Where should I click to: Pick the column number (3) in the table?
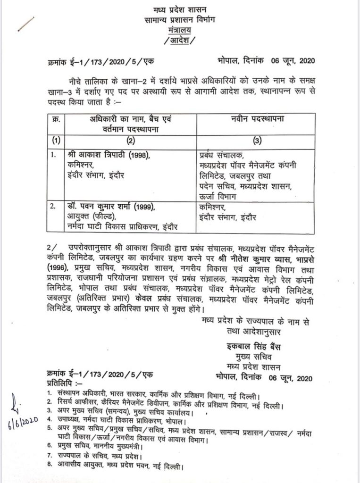[257, 140]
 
